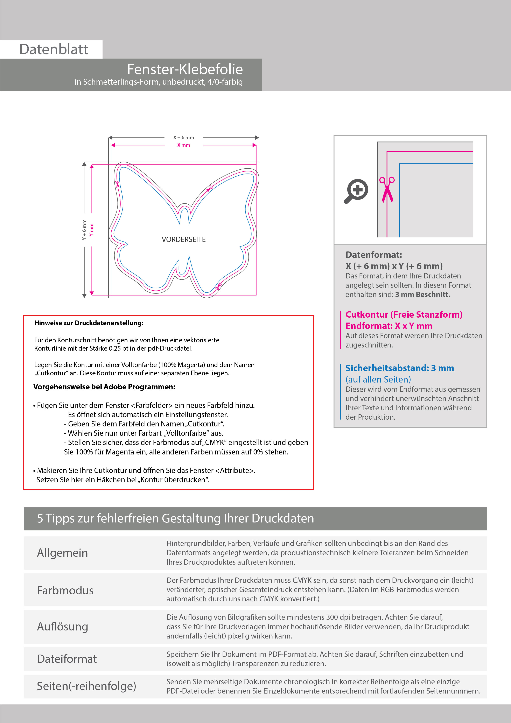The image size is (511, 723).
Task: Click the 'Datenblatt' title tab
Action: (54, 49)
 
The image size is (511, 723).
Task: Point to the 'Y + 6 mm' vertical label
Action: (84, 230)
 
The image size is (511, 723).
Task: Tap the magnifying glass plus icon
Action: (357, 191)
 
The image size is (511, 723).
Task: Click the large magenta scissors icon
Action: (387, 189)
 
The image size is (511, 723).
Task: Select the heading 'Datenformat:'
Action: (373, 255)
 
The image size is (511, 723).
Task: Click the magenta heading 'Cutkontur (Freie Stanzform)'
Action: (404, 315)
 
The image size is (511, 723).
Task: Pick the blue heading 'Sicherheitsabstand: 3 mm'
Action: (400, 368)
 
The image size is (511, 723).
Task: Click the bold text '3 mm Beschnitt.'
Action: (423, 295)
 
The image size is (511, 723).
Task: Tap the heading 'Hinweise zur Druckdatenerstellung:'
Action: (89, 323)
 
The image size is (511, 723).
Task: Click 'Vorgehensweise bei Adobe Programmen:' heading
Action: (104, 387)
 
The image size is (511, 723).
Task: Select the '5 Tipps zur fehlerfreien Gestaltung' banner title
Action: (175, 518)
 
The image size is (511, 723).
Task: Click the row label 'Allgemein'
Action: (62, 553)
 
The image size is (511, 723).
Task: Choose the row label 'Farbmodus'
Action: (65, 590)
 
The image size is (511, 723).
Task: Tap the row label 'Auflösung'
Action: (62, 627)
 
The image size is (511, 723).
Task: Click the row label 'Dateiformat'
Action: (67, 659)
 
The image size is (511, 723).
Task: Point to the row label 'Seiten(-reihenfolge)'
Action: (86, 686)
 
